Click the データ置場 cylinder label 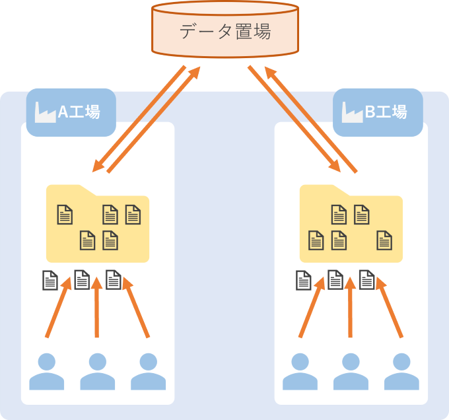pyautogui.click(x=224, y=31)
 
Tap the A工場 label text pyautogui.click(x=79, y=112)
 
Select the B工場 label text pyautogui.click(x=386, y=112)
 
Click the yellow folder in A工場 pyautogui.click(x=97, y=225)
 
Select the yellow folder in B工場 pyautogui.click(x=351, y=225)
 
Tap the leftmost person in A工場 pyautogui.click(x=46, y=371)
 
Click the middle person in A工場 pyautogui.click(x=97, y=371)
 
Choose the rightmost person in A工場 pyautogui.click(x=148, y=371)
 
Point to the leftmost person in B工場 pyautogui.click(x=300, y=371)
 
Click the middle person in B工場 pyautogui.click(x=351, y=371)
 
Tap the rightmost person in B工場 pyautogui.click(x=401, y=371)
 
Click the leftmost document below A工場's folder pyautogui.click(x=50, y=281)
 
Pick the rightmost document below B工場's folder pyautogui.click(x=367, y=281)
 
